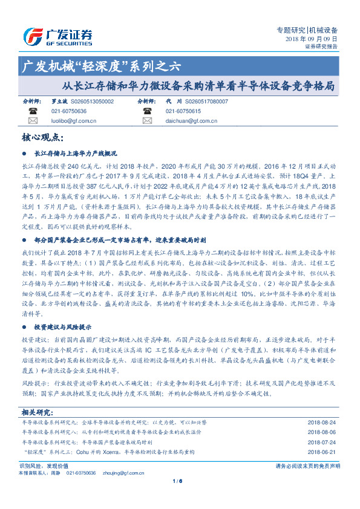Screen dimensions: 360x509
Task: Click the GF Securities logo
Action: coord(57,36)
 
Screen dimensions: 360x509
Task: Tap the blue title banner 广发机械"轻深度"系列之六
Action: coord(100,66)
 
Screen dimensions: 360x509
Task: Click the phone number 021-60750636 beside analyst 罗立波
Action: coord(68,111)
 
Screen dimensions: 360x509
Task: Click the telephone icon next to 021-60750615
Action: coord(147,111)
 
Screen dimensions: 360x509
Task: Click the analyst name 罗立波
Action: coord(59,102)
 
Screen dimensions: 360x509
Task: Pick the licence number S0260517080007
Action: coord(206,102)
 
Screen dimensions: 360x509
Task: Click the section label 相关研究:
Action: coord(38,411)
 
